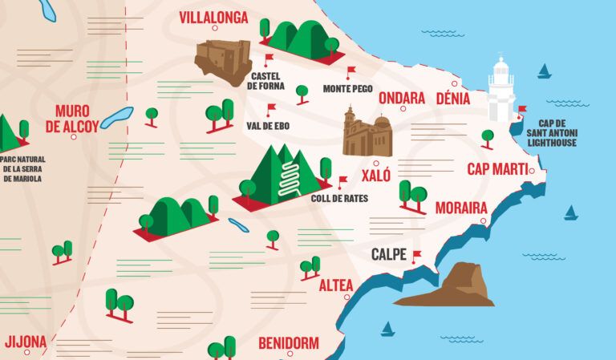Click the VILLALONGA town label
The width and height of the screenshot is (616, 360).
pos(213,18)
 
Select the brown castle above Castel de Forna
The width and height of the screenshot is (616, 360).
pos(223,61)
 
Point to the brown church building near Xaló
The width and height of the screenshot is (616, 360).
pos(367,133)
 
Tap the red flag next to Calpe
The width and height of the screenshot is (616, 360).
pos(416,256)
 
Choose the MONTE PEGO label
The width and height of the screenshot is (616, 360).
pos(347,88)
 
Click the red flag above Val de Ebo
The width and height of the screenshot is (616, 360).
pos(271,108)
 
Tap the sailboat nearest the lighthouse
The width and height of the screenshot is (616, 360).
pos(545,71)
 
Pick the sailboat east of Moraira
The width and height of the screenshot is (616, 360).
pos(570,212)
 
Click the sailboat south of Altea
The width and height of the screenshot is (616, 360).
pos(388,329)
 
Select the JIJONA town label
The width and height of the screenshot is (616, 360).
pos(26,342)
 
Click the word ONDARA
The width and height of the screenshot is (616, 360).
pos(401,98)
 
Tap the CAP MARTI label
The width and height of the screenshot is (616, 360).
pos(497,169)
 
